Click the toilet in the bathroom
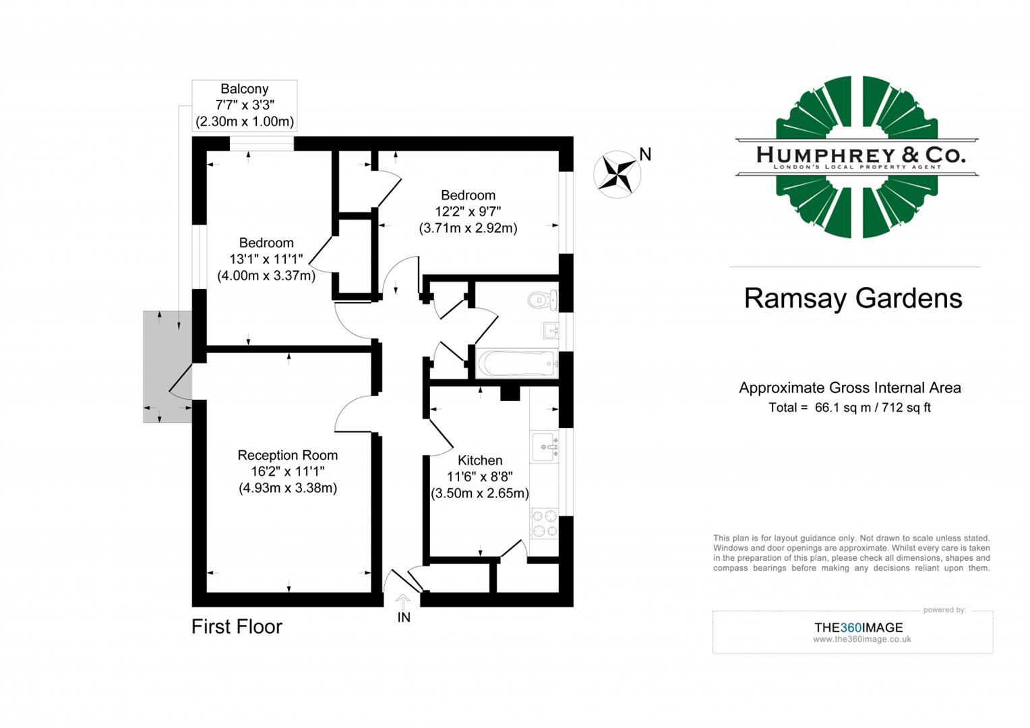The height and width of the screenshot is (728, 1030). pyautogui.click(x=543, y=299)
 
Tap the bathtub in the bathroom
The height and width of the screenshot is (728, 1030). pyautogui.click(x=516, y=363)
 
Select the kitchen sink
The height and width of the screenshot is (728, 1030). pyautogui.click(x=544, y=446)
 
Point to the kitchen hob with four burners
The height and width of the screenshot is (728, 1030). pyautogui.click(x=544, y=524)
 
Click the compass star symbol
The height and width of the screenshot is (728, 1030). pyautogui.click(x=617, y=173)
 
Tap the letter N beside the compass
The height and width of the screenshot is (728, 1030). pyautogui.click(x=645, y=155)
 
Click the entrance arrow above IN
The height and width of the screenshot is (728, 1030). pyautogui.click(x=403, y=601)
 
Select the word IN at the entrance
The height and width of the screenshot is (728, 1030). pyautogui.click(x=404, y=617)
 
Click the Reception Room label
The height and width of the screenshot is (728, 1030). pyautogui.click(x=288, y=456)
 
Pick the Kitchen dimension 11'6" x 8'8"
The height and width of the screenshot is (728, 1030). pyautogui.click(x=480, y=477)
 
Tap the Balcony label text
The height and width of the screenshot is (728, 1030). pyautogui.click(x=245, y=89)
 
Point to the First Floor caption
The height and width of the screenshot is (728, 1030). pyautogui.click(x=237, y=627)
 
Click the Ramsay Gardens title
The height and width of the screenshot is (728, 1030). pyautogui.click(x=853, y=299)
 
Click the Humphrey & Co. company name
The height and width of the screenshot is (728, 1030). pyautogui.click(x=860, y=155)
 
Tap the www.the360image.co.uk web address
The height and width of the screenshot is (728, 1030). pyautogui.click(x=861, y=640)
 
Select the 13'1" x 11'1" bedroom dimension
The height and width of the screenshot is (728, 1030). pyautogui.click(x=266, y=260)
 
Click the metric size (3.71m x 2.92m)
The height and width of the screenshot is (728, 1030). pyautogui.click(x=468, y=229)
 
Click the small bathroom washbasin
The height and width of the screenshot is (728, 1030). pyautogui.click(x=550, y=330)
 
